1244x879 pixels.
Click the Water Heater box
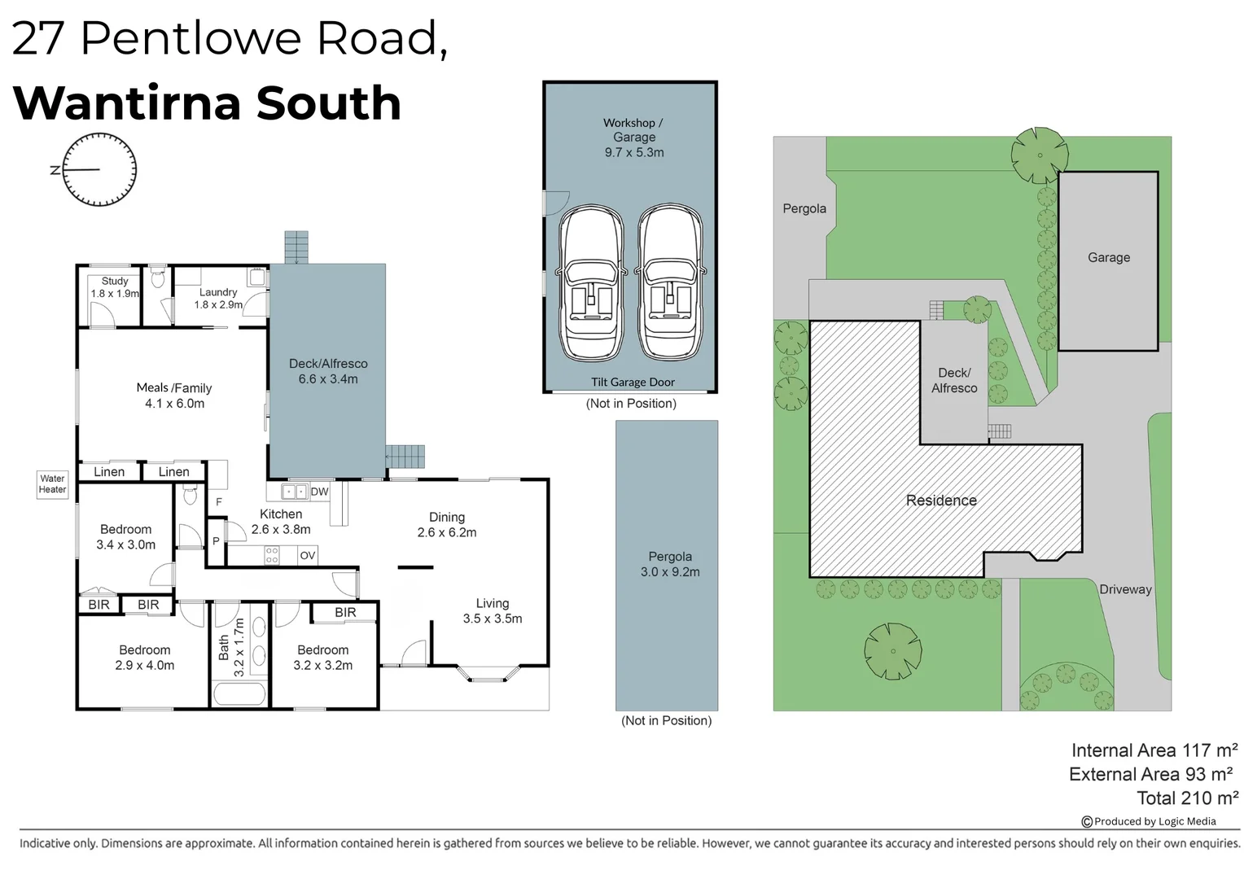(x=52, y=484)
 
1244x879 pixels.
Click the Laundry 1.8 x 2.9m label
(x=218, y=298)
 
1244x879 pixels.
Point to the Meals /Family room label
(x=174, y=396)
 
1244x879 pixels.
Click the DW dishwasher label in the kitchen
(x=319, y=492)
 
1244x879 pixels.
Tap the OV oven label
(x=308, y=555)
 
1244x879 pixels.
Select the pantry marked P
(x=216, y=542)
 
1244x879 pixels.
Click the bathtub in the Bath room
(x=239, y=693)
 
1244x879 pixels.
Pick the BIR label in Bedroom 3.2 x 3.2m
(x=345, y=613)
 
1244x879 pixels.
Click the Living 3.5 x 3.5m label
(x=493, y=610)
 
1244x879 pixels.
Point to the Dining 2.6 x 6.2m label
(x=447, y=525)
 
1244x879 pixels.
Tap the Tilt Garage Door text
(x=633, y=382)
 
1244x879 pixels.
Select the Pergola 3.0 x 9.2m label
(x=670, y=564)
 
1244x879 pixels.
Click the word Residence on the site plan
(x=941, y=501)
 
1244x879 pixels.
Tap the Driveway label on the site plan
(x=1126, y=589)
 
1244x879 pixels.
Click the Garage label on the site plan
(x=1109, y=258)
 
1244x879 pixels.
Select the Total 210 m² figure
(x=1188, y=798)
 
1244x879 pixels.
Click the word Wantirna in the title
(x=127, y=103)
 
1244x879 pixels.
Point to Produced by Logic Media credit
(x=1149, y=821)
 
